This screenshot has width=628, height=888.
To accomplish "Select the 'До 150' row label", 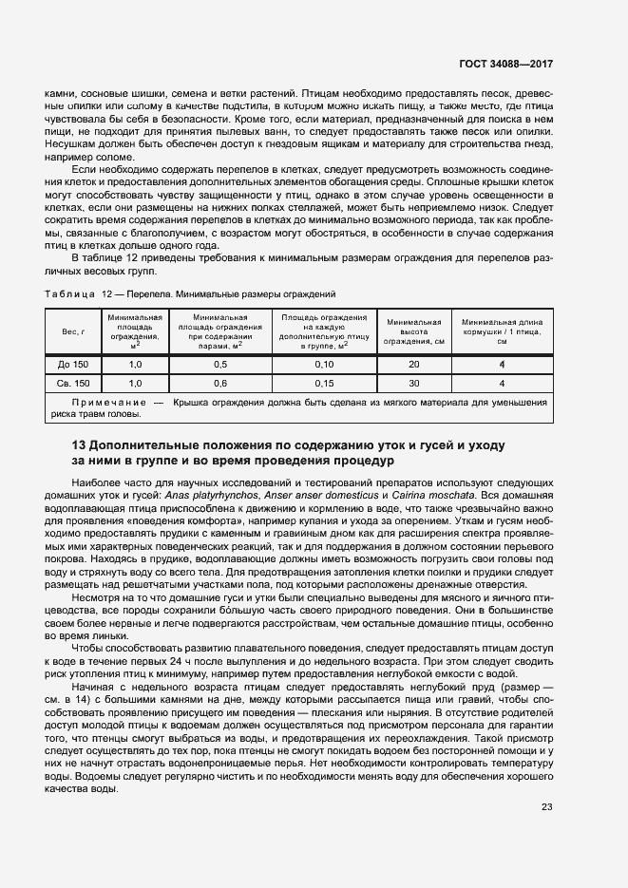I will click(74, 365).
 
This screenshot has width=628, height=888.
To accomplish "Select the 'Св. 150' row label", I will click(74, 383).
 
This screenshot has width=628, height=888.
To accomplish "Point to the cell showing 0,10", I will click(324, 365).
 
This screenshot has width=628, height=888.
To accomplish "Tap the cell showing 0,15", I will click(324, 383).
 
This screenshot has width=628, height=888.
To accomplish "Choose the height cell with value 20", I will click(413, 365).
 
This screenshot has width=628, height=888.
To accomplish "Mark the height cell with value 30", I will click(413, 383).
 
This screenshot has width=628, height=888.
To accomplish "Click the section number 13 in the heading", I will click(80, 445).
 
